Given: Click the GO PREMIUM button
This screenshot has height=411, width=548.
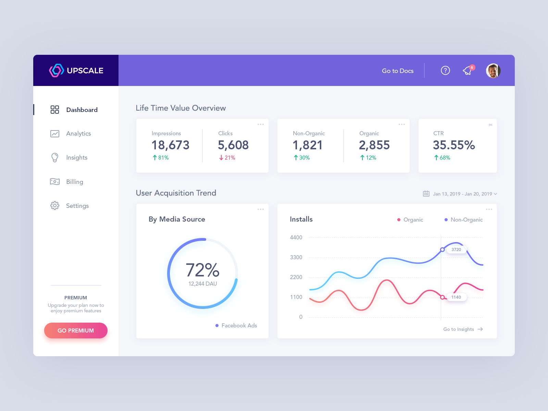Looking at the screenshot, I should (x=76, y=331).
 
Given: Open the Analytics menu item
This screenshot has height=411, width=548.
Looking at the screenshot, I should (x=78, y=134).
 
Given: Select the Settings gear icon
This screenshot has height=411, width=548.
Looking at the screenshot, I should (x=55, y=206).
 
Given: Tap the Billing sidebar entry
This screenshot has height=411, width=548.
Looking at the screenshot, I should (x=74, y=182).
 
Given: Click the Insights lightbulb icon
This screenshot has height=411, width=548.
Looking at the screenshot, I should (x=55, y=158).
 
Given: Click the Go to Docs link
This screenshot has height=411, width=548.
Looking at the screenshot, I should (x=398, y=71).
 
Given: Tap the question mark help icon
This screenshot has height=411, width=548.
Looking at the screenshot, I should (x=445, y=71).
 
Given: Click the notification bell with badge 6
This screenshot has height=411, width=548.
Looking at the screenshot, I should (x=468, y=71).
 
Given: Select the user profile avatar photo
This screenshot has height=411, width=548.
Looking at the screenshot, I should (x=493, y=71).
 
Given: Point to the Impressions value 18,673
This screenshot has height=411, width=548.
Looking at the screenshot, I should (x=171, y=145).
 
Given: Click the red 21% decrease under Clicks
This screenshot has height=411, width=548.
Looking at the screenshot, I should (x=227, y=158).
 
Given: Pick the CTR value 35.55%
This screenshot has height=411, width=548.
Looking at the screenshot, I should (x=454, y=145).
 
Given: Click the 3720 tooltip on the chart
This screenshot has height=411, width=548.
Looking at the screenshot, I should (x=456, y=250).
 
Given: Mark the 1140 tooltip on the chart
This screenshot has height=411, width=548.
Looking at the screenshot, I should (x=456, y=297).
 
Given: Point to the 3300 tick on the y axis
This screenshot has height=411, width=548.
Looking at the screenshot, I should (x=296, y=257).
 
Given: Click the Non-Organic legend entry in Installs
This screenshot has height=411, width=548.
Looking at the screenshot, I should (x=466, y=220).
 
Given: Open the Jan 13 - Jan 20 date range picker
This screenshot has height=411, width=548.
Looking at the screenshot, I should (x=461, y=194).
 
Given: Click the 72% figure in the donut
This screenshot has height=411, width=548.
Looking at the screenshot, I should (x=202, y=270).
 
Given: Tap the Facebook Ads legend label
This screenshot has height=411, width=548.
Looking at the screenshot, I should (x=239, y=325).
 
